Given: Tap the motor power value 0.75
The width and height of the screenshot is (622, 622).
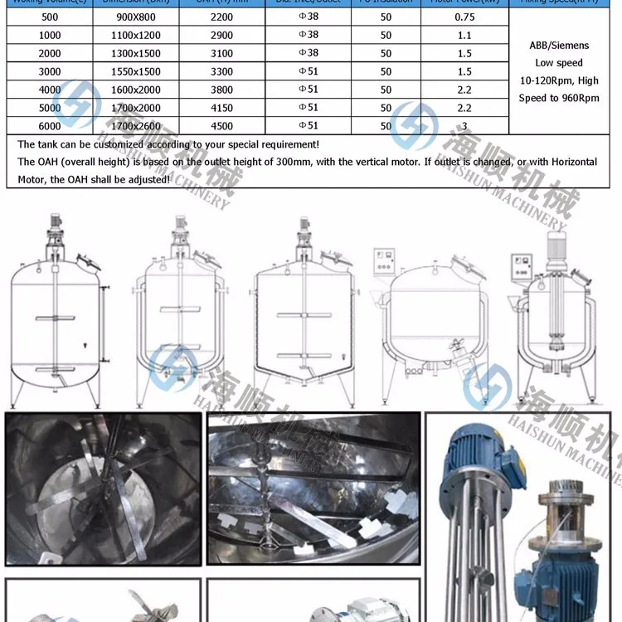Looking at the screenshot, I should pyautogui.click(x=464, y=17).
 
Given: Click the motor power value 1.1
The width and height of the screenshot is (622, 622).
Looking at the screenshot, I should pyautogui.click(x=464, y=35).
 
